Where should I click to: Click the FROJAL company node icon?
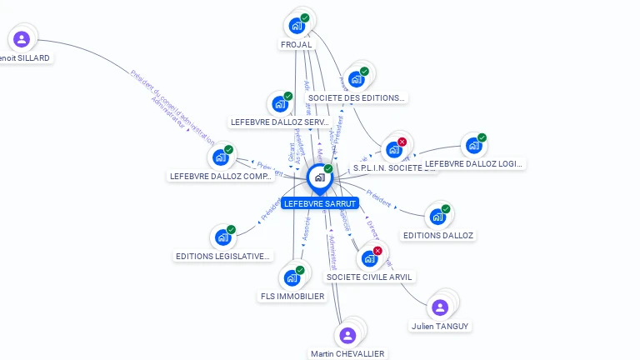(297, 25)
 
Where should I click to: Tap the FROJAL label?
(296, 45)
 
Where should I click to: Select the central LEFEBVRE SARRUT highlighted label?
(320, 203)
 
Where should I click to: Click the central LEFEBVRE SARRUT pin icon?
(319, 177)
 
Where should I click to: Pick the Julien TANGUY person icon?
(440, 307)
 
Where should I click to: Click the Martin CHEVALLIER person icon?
(347, 335)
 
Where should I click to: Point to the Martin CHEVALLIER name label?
(347, 353)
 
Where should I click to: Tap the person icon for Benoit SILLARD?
(22, 38)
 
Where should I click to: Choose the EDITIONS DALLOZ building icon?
(437, 217)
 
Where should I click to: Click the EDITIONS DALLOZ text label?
(438, 236)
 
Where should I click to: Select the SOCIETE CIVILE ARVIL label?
(369, 277)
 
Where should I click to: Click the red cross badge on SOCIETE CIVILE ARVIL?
(377, 251)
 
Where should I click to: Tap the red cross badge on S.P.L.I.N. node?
(402, 142)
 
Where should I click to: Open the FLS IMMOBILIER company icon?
(292, 277)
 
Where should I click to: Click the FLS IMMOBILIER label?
(292, 296)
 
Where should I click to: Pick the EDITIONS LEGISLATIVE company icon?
(222, 237)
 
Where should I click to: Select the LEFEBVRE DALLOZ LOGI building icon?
(473, 146)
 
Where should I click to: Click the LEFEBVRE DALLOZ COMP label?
(222, 176)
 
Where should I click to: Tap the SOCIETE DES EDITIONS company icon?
(356, 79)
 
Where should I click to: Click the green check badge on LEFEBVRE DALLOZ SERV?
(287, 97)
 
